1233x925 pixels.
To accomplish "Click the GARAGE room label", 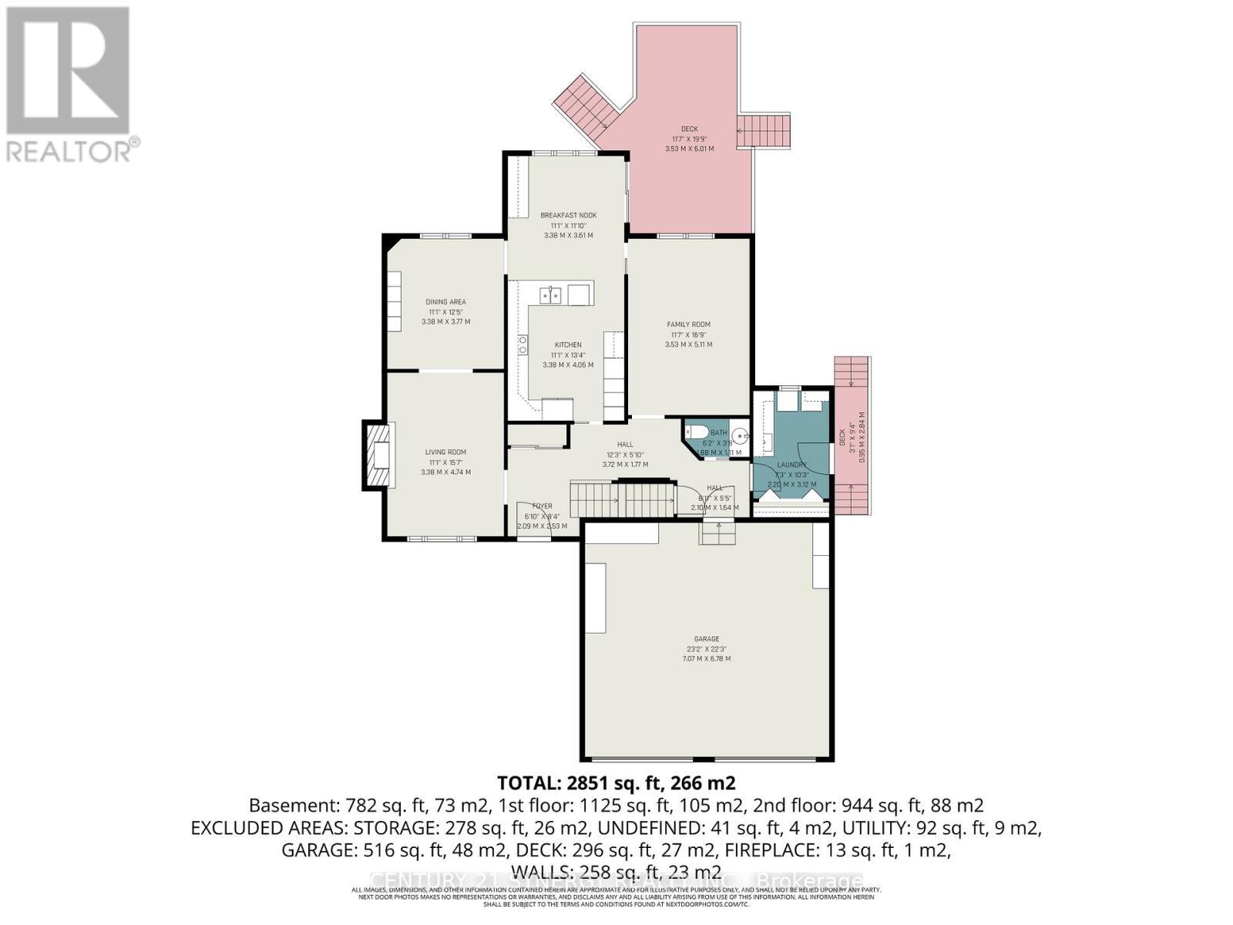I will (x=706, y=639).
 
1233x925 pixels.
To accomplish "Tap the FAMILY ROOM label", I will (x=688, y=325).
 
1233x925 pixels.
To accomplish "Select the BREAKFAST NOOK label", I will (x=568, y=215).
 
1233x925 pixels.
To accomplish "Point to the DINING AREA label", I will (x=445, y=302).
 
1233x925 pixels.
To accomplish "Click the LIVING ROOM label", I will (x=445, y=452).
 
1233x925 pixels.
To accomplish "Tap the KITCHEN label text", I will (x=568, y=345).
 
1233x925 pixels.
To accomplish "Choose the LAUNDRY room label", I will (x=791, y=465).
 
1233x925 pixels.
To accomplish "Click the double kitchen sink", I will (x=550, y=294).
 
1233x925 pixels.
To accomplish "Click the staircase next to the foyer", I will (x=623, y=499).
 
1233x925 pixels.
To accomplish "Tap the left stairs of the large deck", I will (x=583, y=107).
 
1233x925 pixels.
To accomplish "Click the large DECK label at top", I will (x=689, y=129).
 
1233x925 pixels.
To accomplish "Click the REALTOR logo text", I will (x=69, y=151).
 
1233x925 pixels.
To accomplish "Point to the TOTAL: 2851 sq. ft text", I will (x=616, y=783).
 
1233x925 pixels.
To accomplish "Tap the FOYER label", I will (x=542, y=506).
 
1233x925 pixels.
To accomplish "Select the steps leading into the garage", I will (x=717, y=533).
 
